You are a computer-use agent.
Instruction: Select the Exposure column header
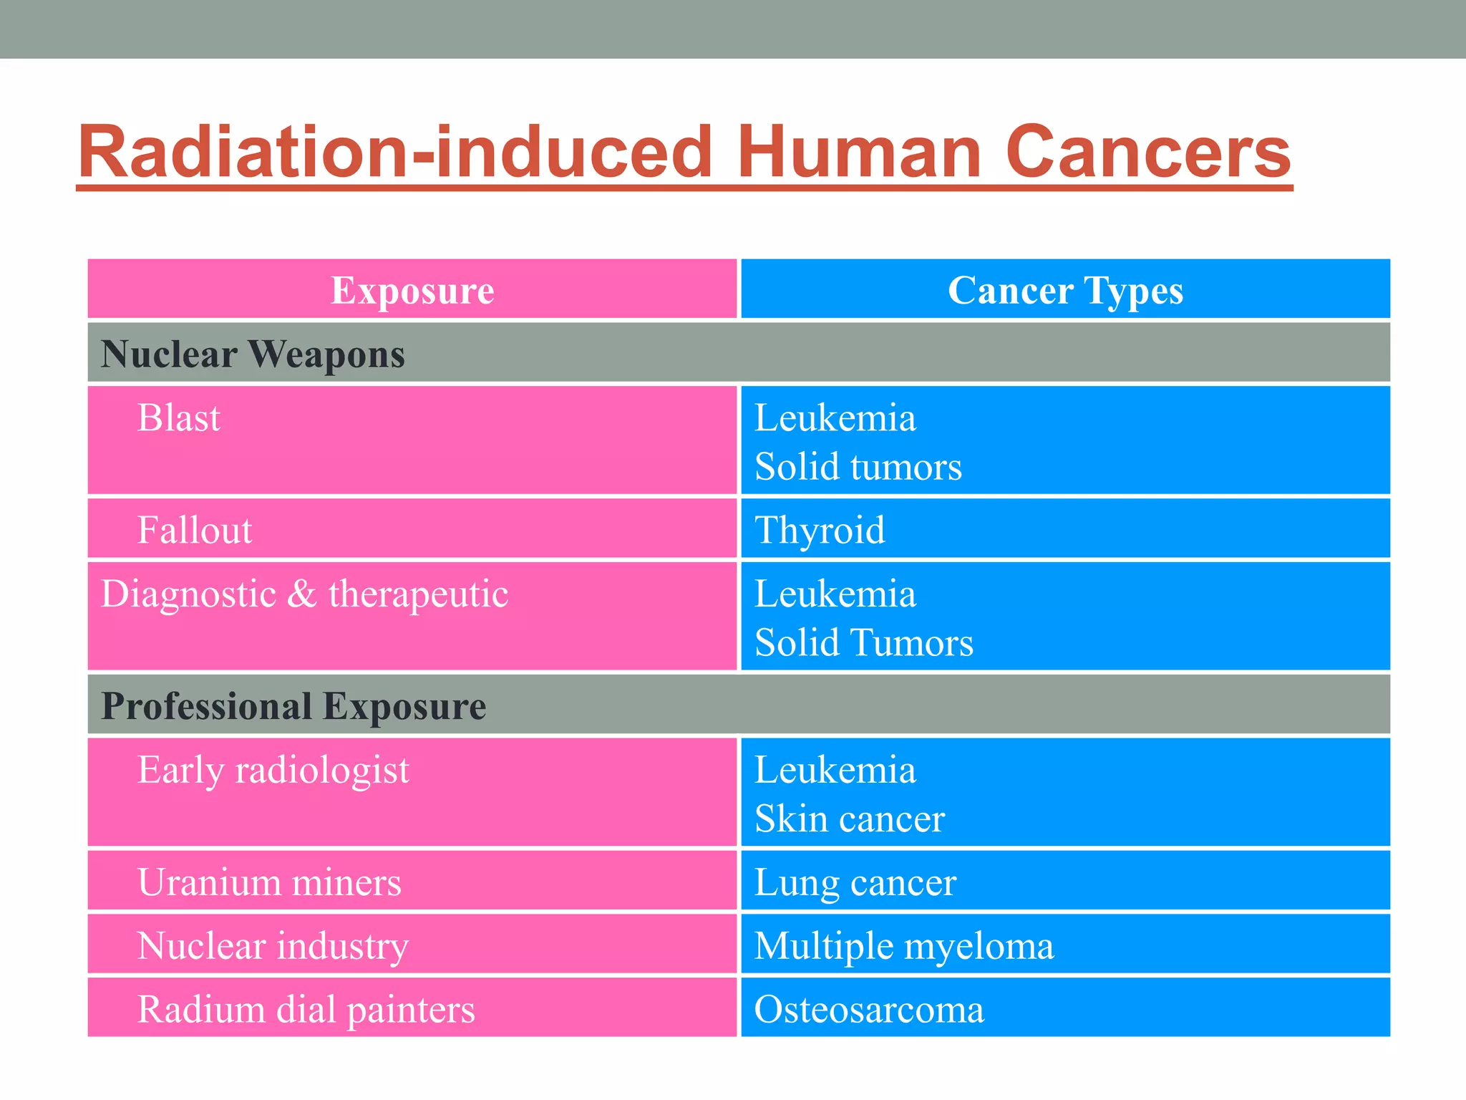tap(412, 290)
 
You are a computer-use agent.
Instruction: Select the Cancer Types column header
tap(1065, 290)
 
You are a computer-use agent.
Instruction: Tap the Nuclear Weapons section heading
tap(253, 354)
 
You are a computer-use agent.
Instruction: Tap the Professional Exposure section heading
tap(293, 706)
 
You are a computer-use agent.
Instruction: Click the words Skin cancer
tap(850, 819)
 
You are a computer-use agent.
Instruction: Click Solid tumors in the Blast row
tap(858, 467)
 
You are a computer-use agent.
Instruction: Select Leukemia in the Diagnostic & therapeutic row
tap(835, 594)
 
